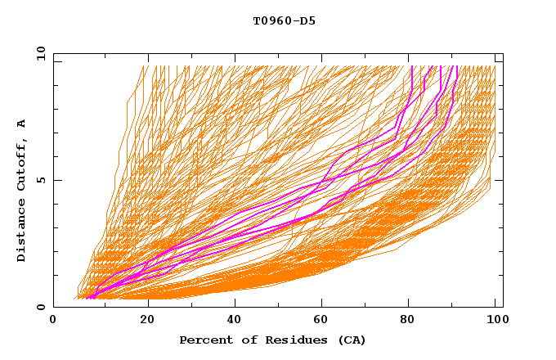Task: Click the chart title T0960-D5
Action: coord(285,21)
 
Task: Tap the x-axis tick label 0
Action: coord(53,321)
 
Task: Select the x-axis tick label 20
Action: coord(148,321)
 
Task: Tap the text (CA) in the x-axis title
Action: coord(349,340)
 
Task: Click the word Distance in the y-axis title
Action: coord(22,231)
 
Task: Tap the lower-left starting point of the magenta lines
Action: coord(87,297)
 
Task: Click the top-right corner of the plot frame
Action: coord(503,54)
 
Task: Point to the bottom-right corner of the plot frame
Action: coord(503,307)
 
